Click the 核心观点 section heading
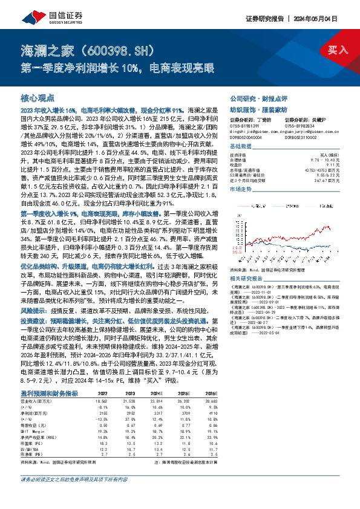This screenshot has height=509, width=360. [38, 97]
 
